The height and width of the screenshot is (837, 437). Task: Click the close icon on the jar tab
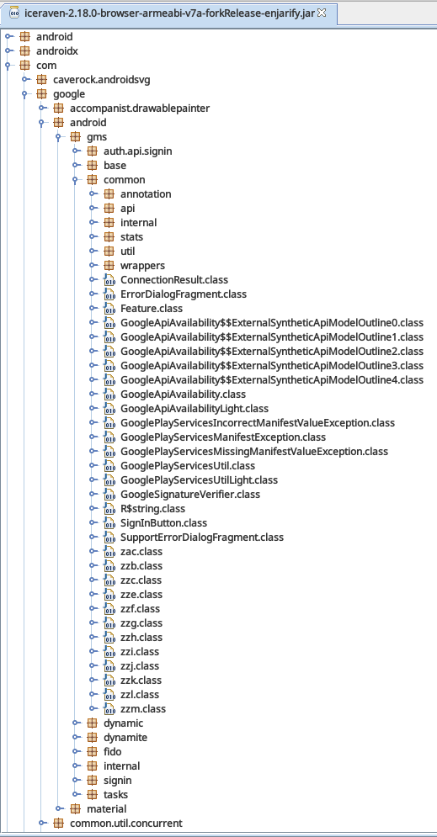click(322, 13)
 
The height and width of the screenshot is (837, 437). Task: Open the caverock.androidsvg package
click(102, 80)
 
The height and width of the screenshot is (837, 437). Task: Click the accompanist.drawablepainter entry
click(140, 109)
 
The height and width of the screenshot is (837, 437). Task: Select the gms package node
click(96, 136)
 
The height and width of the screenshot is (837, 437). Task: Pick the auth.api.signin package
click(138, 151)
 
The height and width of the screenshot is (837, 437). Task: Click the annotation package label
click(146, 193)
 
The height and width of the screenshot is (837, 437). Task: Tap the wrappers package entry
click(142, 265)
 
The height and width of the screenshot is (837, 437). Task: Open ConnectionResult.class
click(174, 280)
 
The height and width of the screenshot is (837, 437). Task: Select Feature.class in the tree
click(152, 308)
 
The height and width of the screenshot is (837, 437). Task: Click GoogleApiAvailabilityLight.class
click(195, 408)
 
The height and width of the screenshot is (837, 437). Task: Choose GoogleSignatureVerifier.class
click(190, 495)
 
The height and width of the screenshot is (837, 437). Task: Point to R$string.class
click(152, 509)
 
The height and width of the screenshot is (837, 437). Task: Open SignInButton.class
click(164, 522)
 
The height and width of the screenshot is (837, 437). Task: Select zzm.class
click(143, 709)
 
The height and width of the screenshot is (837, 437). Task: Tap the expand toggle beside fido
click(77, 751)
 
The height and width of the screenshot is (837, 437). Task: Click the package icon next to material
click(76, 808)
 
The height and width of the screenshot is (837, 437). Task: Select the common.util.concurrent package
click(126, 824)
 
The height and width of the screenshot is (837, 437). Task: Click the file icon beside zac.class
click(109, 552)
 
